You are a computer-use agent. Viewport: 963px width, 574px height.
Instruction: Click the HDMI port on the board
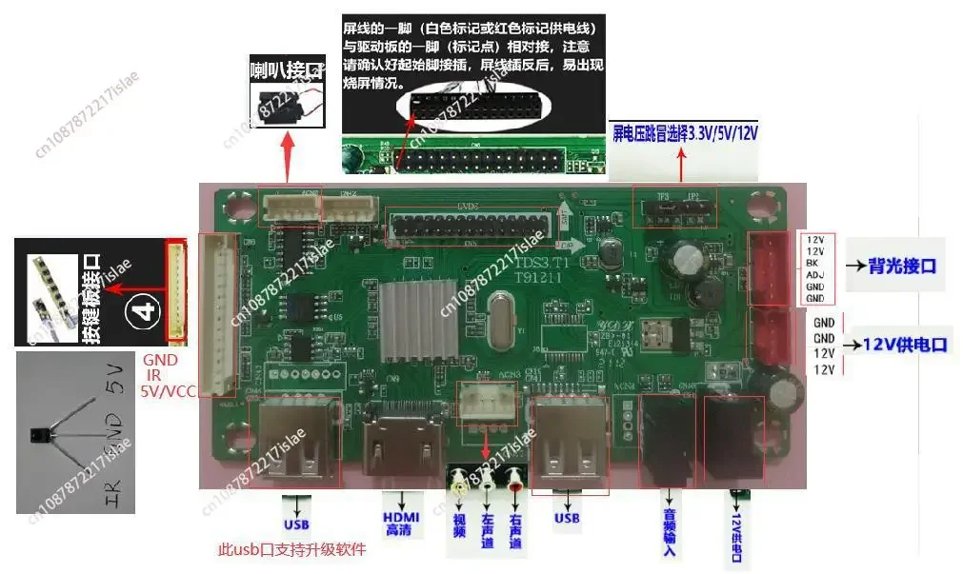(401, 450)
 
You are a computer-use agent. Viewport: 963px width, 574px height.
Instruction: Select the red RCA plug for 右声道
(516, 477)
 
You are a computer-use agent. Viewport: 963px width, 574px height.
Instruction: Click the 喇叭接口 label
(287, 69)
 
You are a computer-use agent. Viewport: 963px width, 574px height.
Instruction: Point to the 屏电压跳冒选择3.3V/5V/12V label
(685, 131)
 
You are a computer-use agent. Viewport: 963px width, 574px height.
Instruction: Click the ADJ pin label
(814, 275)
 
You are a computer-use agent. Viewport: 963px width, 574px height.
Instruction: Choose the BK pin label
(813, 263)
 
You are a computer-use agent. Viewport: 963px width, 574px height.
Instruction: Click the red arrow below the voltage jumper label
(680, 167)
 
